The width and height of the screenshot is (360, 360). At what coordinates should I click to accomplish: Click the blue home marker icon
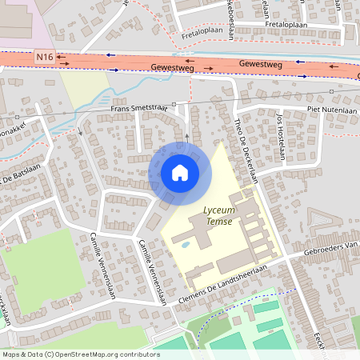tap(179, 172)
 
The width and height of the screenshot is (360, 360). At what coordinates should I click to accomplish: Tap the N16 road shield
tap(45, 58)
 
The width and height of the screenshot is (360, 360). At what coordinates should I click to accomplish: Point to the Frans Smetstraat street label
tap(141, 108)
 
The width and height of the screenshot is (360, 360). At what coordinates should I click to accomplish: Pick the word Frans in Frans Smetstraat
tap(121, 108)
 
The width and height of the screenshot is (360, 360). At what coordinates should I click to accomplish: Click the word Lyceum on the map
tap(218, 210)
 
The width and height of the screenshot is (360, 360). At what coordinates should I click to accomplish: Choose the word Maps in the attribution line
tap(12, 354)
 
